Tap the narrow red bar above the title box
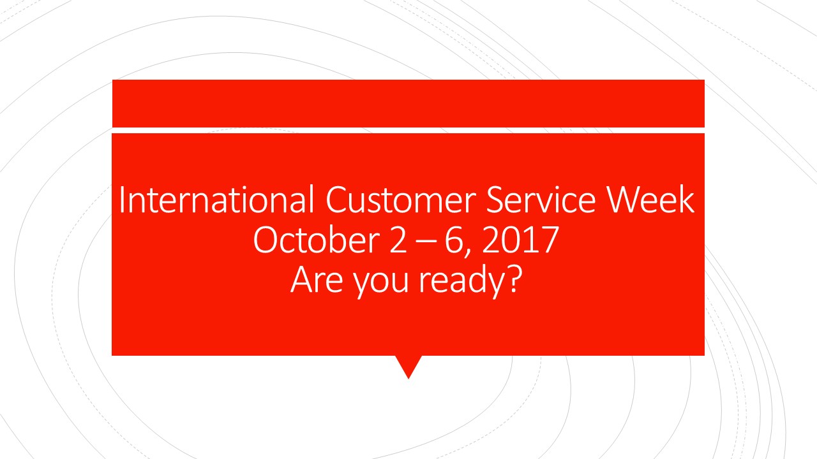click(x=408, y=103)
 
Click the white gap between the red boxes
click(x=408, y=130)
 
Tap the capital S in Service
click(x=496, y=201)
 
